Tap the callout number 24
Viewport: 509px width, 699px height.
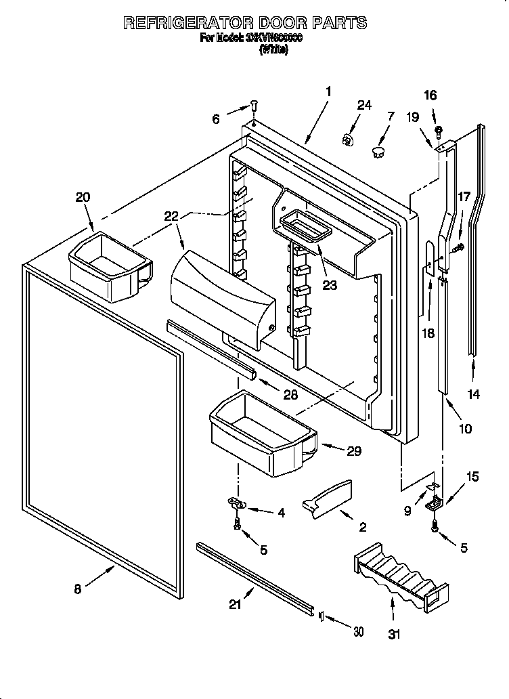pyautogui.click(x=364, y=105)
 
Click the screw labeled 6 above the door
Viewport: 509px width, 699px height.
pyautogui.click(x=253, y=106)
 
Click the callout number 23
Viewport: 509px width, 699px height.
pyautogui.click(x=330, y=285)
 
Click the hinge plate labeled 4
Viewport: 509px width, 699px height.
pyautogui.click(x=237, y=503)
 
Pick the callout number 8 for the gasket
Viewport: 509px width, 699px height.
pyautogui.click(x=78, y=589)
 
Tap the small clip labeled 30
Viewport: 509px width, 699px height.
pyautogui.click(x=321, y=616)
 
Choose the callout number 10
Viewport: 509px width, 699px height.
pyautogui.click(x=465, y=429)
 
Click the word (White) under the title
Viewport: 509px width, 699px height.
pyautogui.click(x=273, y=49)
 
